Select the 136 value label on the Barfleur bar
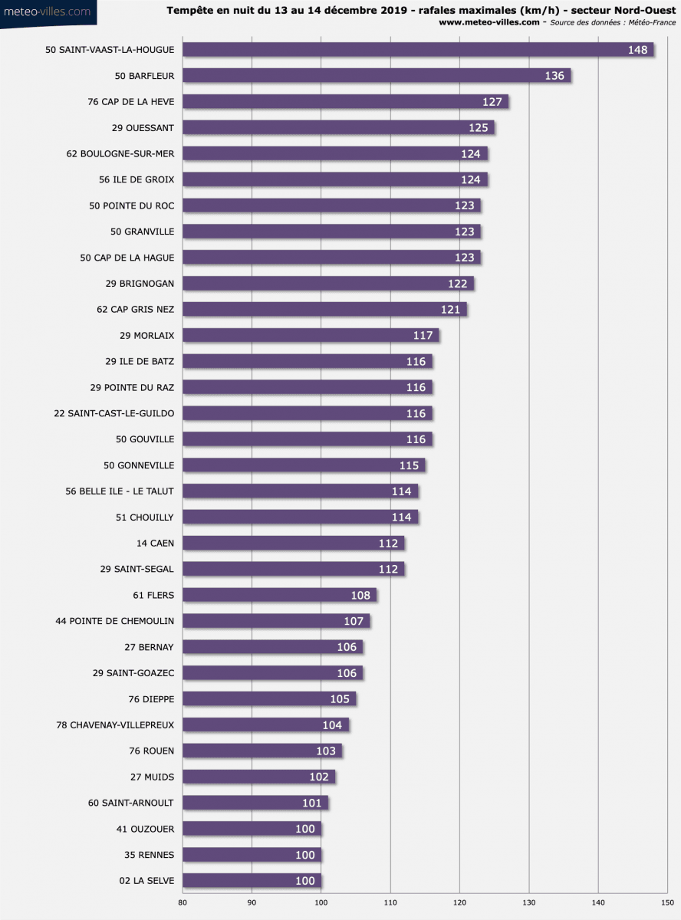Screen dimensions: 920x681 (x=554, y=76)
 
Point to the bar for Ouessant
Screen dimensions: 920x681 (x=338, y=128)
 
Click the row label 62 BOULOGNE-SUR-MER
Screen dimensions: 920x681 (x=120, y=154)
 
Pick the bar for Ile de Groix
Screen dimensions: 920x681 (x=335, y=179)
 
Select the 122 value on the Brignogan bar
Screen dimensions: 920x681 (x=458, y=284)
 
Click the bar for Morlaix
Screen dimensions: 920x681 (x=311, y=335)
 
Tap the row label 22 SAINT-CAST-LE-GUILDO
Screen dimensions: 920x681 (x=114, y=413)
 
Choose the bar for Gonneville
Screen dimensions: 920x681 (x=304, y=465)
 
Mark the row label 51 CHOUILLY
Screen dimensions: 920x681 (x=145, y=517)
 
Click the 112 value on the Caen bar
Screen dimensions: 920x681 (x=388, y=544)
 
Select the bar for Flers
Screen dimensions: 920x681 (x=279, y=595)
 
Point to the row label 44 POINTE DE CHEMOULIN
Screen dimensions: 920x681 (x=115, y=621)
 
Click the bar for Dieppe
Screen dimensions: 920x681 (x=269, y=699)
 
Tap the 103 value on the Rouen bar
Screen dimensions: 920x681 (x=326, y=751)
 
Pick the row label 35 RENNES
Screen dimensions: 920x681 (x=150, y=855)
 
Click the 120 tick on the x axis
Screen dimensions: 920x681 (x=460, y=902)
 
